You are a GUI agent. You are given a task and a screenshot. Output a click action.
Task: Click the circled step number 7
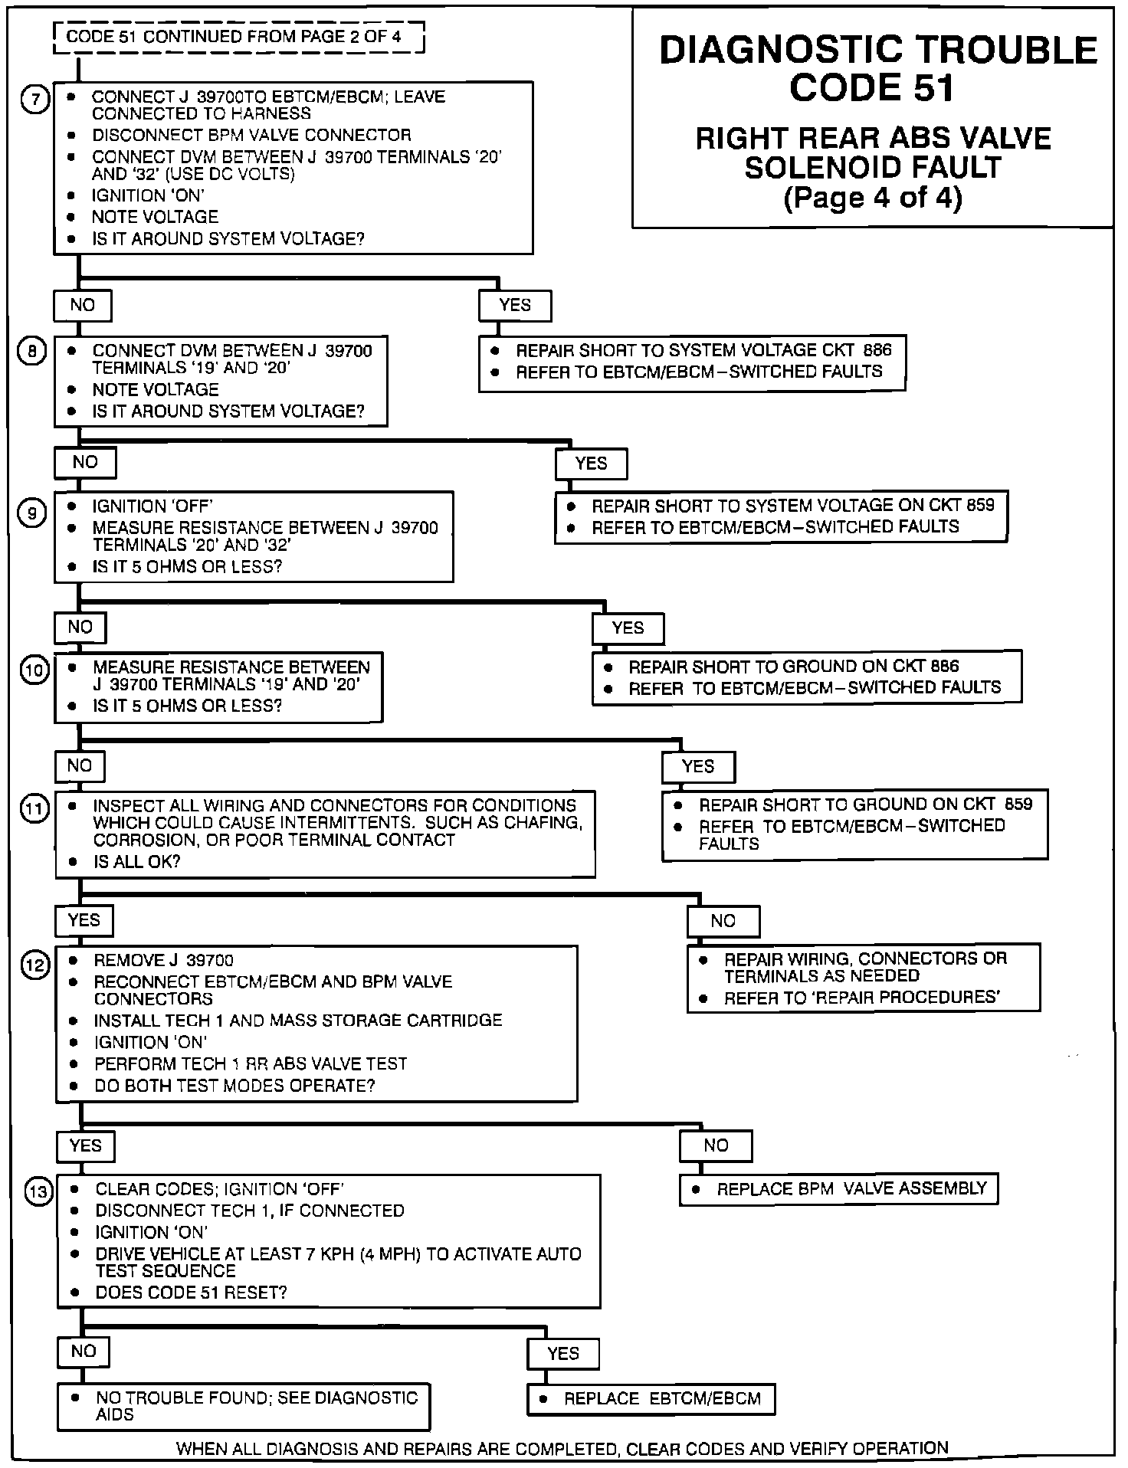click(34, 100)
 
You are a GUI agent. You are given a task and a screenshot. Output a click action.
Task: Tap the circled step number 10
click(34, 670)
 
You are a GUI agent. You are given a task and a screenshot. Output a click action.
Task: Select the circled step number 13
click(38, 1192)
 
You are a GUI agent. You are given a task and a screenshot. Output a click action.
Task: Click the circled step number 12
click(35, 965)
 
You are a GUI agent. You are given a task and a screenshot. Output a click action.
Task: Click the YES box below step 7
click(515, 305)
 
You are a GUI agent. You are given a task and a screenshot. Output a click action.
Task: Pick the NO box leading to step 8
click(82, 305)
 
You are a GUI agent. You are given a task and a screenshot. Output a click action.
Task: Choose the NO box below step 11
click(723, 921)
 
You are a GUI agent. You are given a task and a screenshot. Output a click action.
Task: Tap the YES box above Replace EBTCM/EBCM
click(563, 1354)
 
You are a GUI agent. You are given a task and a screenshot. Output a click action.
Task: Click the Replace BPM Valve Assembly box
click(838, 1189)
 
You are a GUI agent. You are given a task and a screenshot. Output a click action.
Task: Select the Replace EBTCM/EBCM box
click(651, 1398)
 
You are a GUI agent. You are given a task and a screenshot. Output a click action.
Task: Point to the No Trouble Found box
click(243, 1406)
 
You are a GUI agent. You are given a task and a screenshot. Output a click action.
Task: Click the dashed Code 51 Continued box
click(239, 37)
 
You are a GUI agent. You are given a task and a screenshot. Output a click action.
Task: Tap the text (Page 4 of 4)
click(872, 198)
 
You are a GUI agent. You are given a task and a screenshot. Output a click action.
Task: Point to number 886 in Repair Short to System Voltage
click(877, 350)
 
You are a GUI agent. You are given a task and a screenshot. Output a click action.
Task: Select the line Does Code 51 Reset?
click(191, 1293)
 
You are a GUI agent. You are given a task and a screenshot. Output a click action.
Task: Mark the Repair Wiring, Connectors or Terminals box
click(864, 978)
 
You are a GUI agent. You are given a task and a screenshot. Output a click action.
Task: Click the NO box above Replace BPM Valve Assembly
click(715, 1145)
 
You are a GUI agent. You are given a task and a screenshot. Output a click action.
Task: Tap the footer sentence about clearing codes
click(562, 1448)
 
